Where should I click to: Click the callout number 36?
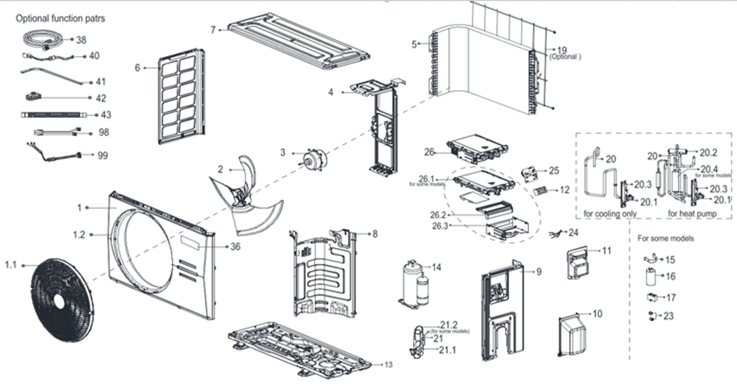point(235,247)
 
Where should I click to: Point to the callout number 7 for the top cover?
point(213,30)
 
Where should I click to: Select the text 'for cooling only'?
point(610,214)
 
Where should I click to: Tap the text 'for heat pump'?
point(692,214)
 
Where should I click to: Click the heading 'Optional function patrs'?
point(60,19)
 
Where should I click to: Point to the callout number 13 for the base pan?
point(388,365)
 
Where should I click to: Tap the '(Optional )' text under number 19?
point(565,57)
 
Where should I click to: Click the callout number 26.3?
point(439,226)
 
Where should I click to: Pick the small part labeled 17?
point(652,297)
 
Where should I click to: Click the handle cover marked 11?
point(579,264)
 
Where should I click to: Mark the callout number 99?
point(102,156)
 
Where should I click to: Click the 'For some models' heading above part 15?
point(665,238)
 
